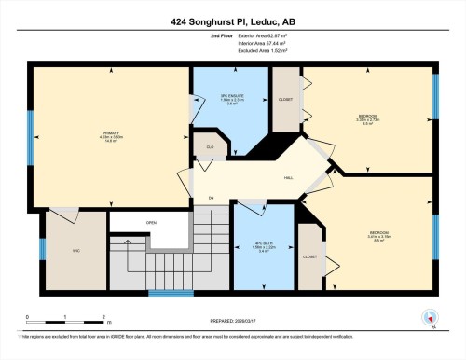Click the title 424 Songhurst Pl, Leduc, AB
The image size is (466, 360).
(x=232, y=21)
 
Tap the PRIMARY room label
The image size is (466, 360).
(x=113, y=132)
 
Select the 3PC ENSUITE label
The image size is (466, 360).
(x=231, y=97)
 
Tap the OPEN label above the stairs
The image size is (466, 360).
(x=150, y=222)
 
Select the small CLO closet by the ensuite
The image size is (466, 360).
(x=210, y=146)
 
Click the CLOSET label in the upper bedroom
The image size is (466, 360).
(x=286, y=99)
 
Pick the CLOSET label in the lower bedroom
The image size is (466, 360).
(x=310, y=256)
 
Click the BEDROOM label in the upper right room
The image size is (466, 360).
(x=366, y=116)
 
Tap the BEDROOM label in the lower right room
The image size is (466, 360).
(x=378, y=231)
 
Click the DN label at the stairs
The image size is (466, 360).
(x=212, y=198)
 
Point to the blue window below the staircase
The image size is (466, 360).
(x=171, y=294)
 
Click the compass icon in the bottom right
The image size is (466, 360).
(x=428, y=317)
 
